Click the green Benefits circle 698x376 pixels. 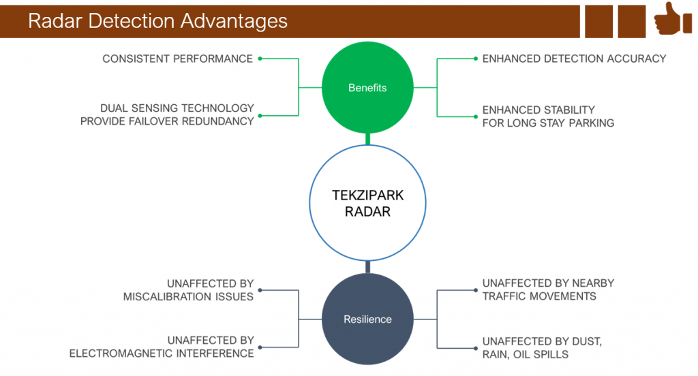pyautogui.click(x=367, y=88)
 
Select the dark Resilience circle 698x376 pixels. pyautogui.click(x=367, y=319)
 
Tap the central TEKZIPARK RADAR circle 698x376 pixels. pyautogui.click(x=367, y=203)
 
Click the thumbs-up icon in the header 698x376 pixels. pyautogui.click(x=673, y=19)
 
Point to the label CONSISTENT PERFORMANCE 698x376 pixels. pyautogui.click(x=177, y=59)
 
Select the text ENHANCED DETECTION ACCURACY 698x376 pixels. pyautogui.click(x=574, y=59)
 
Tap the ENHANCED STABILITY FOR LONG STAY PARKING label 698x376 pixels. pyautogui.click(x=548, y=116)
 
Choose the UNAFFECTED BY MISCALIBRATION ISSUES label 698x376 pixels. pyautogui.click(x=188, y=290)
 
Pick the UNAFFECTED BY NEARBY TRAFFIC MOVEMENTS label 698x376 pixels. pyautogui.click(x=548, y=289)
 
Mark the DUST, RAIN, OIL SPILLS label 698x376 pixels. pyautogui.click(x=542, y=348)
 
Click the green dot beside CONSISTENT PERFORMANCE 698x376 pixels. pyautogui.click(x=260, y=59)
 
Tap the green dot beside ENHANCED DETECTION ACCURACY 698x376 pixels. pyautogui.click(x=476, y=59)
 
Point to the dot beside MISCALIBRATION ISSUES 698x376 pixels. pyautogui.click(x=260, y=290)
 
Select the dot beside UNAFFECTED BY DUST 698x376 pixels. pyautogui.click(x=476, y=348)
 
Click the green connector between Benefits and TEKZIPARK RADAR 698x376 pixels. pyautogui.click(x=367, y=139)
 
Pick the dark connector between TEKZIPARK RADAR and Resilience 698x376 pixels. pyautogui.click(x=367, y=267)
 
